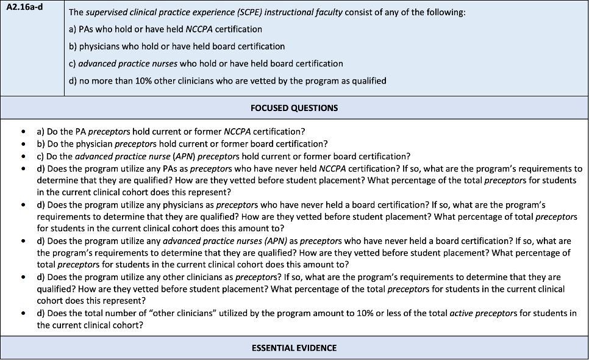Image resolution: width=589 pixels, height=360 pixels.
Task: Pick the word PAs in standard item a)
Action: tap(87, 29)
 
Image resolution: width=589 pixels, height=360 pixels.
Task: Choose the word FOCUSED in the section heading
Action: tap(271, 108)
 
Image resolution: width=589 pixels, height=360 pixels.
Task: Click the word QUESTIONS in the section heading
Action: tap(315, 108)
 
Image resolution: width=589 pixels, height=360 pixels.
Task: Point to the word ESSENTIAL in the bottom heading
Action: tap(273, 348)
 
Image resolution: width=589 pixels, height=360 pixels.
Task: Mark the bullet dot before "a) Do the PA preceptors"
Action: tap(23, 132)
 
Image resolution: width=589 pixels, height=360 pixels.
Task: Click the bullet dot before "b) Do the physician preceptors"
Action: tap(23, 144)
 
